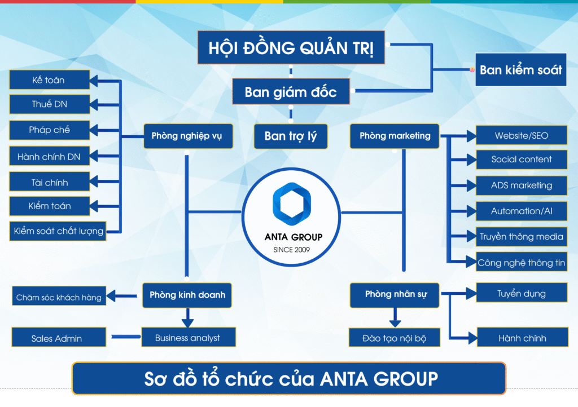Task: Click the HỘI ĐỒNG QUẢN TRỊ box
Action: point(291,47)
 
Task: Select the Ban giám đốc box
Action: point(291,91)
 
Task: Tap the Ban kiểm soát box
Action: point(520,69)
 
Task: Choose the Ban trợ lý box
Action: point(291,136)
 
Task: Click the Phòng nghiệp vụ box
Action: point(188,136)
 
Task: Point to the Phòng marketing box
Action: point(395,136)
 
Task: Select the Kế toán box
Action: point(50,80)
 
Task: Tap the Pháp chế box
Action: point(50,130)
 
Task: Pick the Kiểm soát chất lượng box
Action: point(58,231)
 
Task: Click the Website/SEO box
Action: point(521,135)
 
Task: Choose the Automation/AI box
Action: point(521,211)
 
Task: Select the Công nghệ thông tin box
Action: point(521,262)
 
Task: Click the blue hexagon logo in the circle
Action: point(292,203)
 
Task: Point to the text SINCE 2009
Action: point(292,250)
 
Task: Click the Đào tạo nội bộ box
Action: point(395,338)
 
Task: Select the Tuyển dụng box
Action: point(521,293)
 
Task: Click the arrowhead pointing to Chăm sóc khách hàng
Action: point(111,295)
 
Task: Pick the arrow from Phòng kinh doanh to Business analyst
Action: point(187,317)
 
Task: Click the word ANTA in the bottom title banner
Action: point(344,379)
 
